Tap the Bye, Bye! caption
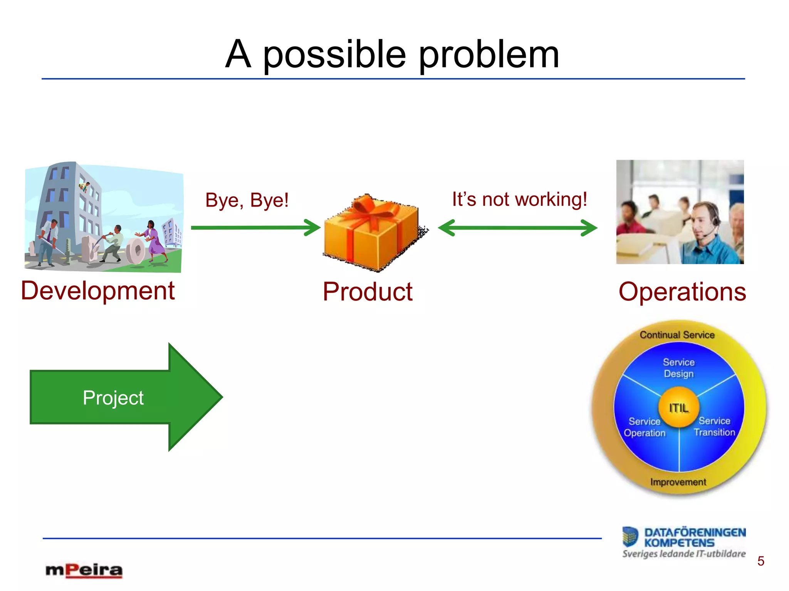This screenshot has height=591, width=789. (247, 200)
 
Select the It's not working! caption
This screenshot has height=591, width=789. (519, 200)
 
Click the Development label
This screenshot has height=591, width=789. (98, 291)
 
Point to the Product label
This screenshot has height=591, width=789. (368, 292)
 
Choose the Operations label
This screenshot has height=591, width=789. (682, 292)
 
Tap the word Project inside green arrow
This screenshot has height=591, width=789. (113, 398)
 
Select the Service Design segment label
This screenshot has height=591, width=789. (678, 368)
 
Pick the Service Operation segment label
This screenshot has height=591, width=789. (645, 427)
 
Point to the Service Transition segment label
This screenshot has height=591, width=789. (714, 427)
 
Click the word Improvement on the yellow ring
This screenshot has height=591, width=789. (678, 482)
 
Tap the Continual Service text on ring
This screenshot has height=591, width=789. (677, 335)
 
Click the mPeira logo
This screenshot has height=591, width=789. (84, 570)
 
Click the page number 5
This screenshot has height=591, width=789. (760, 561)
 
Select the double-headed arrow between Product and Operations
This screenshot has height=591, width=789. (517, 228)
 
